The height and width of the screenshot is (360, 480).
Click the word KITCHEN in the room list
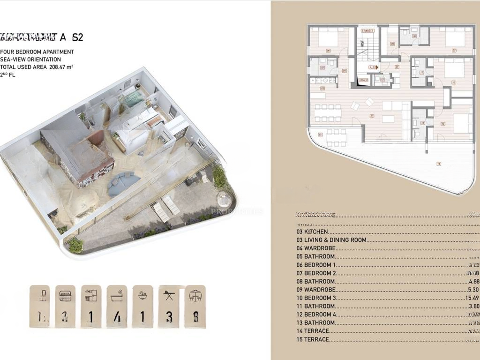pyautogui.click(x=316, y=232)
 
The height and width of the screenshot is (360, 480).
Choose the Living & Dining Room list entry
pyautogui.click(x=335, y=240)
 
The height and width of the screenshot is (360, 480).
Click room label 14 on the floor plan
pyautogui.click(x=439, y=164)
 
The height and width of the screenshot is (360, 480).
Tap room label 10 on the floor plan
pyautogui.click(x=453, y=82)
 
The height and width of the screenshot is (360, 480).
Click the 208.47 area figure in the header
pyautogui.click(x=57, y=67)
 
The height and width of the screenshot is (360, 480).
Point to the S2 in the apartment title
pyautogui.click(x=78, y=37)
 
